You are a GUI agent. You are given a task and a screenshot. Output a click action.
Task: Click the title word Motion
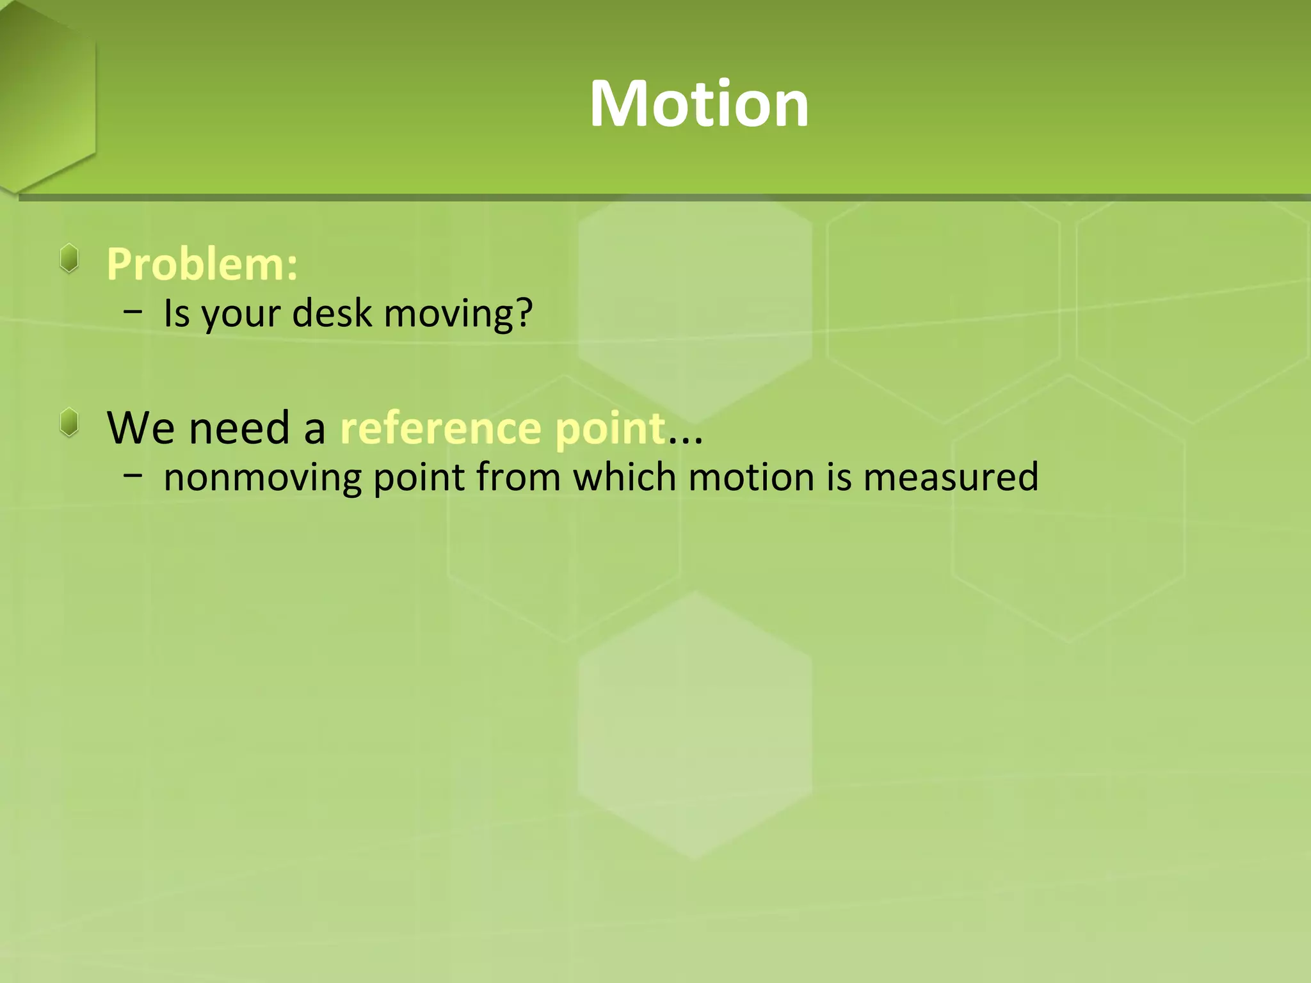click(x=699, y=104)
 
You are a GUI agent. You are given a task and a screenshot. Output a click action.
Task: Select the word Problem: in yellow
click(x=202, y=264)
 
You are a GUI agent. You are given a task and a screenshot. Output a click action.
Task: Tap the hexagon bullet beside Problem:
click(x=69, y=259)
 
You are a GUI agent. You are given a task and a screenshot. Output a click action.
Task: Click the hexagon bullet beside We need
click(x=69, y=423)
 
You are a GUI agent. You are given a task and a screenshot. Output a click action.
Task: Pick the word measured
click(x=951, y=477)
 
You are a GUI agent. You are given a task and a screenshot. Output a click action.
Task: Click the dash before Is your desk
click(x=133, y=312)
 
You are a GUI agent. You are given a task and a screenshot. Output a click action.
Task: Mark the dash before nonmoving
click(x=133, y=476)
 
